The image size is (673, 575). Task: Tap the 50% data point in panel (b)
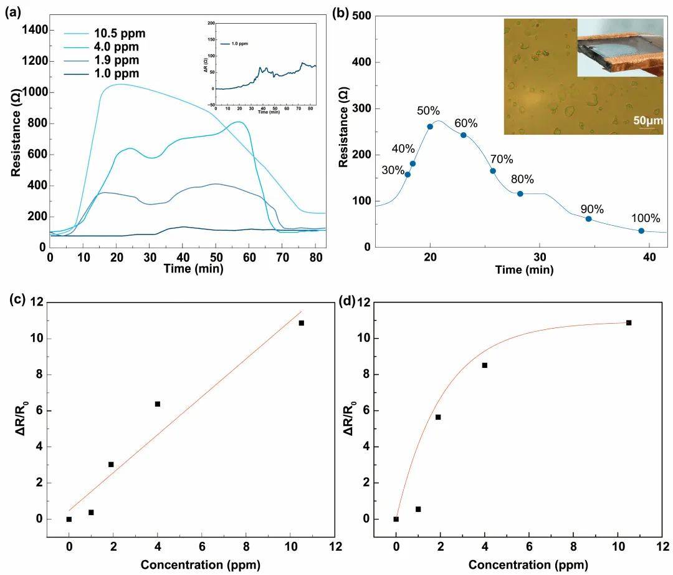click(430, 127)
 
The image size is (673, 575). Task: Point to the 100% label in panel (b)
click(646, 218)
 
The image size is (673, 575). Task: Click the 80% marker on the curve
click(520, 194)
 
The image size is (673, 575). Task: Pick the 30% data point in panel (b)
click(408, 175)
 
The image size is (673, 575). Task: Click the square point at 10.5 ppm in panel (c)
click(301, 323)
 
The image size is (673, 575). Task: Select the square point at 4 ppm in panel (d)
click(485, 365)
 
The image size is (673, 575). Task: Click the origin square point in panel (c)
click(69, 519)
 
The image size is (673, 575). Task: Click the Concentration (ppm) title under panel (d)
click(528, 565)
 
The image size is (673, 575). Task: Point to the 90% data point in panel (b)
click(588, 219)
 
